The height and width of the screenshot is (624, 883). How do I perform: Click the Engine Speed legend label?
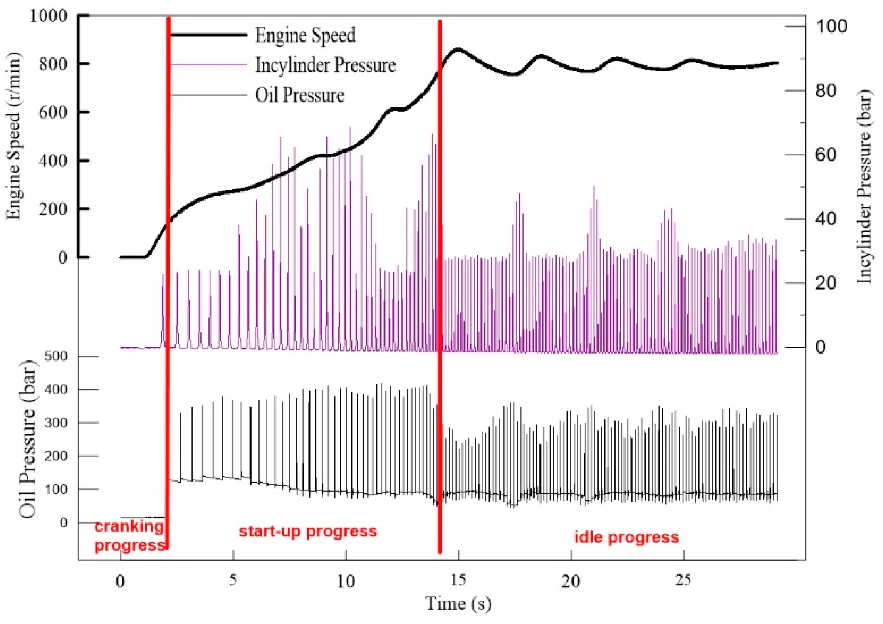coord(305,35)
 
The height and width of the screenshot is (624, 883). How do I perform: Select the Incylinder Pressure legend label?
coord(325,65)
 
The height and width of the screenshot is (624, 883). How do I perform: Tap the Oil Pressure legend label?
coord(299,95)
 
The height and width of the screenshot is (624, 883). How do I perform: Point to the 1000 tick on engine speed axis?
coord(48,16)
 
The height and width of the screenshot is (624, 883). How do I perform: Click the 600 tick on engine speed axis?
coord(52,112)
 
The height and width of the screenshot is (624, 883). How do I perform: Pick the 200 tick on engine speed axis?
coord(52,209)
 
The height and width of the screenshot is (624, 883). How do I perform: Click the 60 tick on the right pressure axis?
coord(826,155)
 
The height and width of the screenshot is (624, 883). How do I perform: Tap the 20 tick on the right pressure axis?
coord(826,283)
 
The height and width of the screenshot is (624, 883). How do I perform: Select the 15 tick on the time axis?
coord(458,579)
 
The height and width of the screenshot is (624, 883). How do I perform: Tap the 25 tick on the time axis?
coord(683,579)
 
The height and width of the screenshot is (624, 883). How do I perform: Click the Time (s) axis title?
coord(458,603)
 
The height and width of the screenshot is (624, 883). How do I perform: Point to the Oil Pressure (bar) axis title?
coord(27,439)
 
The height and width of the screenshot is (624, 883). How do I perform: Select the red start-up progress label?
coord(308,531)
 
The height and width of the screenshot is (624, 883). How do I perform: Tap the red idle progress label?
coord(626,537)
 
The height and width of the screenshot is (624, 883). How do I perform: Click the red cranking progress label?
coord(130,536)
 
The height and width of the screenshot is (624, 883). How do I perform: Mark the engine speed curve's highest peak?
coord(458,49)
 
